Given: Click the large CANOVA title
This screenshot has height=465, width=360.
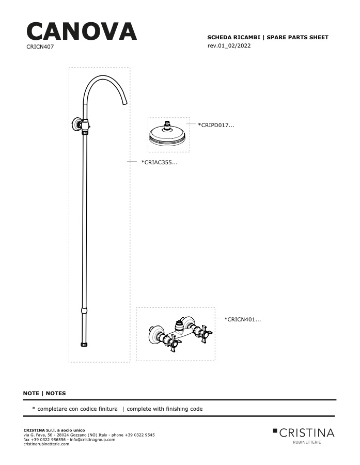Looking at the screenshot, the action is [82, 32].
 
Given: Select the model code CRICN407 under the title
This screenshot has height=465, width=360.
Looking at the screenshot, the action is [40, 47].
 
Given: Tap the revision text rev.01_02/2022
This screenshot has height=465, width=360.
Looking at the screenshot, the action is [229, 45].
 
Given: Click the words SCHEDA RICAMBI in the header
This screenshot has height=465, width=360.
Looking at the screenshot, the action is [233, 37].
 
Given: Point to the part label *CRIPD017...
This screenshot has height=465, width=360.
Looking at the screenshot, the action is [216, 125].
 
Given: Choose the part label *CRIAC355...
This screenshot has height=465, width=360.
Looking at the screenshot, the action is [159, 162].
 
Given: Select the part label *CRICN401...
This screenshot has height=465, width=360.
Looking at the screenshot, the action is [243, 319].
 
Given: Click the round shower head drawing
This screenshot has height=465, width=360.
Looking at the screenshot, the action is [167, 134].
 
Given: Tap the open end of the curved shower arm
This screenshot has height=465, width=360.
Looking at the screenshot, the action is [125, 103].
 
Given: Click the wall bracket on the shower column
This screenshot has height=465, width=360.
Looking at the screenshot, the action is [77, 124].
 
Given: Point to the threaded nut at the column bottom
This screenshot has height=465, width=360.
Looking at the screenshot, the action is [85, 344].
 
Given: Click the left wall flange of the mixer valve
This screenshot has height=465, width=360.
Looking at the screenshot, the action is [155, 334].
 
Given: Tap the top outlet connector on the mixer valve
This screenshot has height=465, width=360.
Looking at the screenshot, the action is [180, 325].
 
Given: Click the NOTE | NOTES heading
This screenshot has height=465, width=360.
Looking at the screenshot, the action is [44, 393].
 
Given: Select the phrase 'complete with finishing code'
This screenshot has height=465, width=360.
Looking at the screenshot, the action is [165, 409].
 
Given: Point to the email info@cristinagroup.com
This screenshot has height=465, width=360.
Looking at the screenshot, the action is [92, 440].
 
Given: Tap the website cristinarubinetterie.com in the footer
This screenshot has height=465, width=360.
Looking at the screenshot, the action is [46, 444].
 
